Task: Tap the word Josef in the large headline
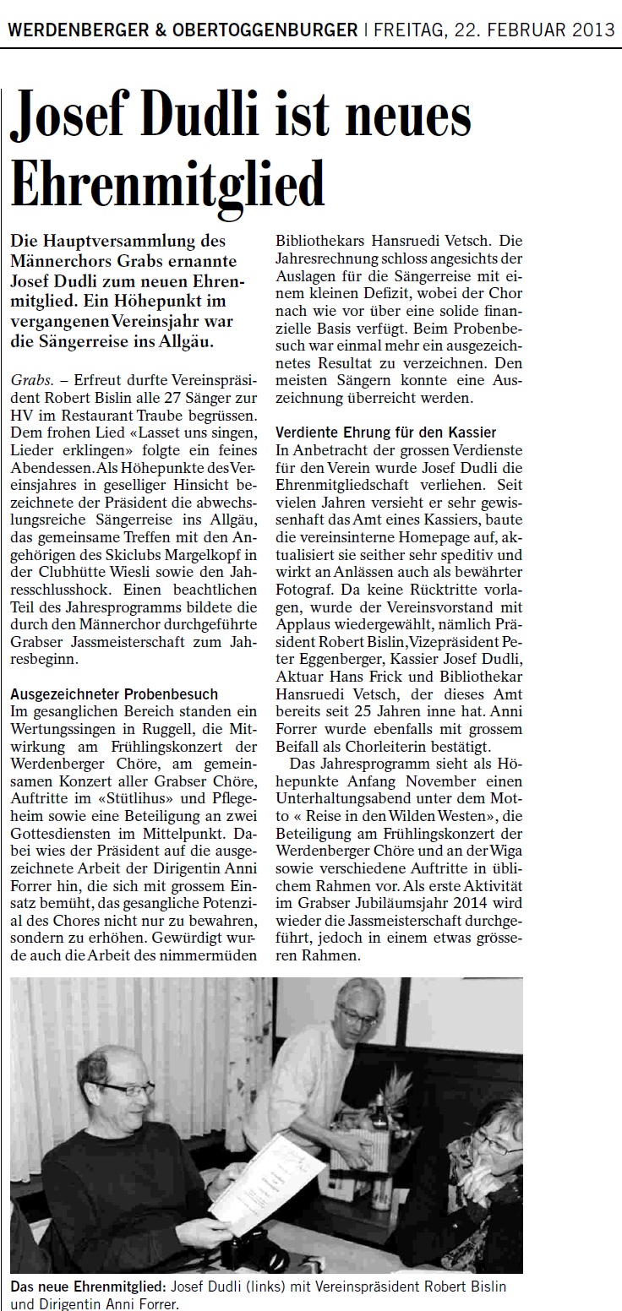(81, 119)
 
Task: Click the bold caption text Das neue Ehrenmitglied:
(89, 1286)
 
